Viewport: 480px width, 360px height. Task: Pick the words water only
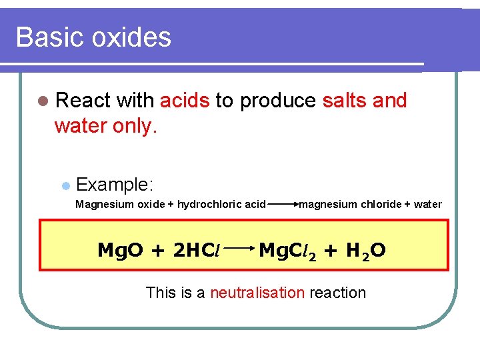click(106, 126)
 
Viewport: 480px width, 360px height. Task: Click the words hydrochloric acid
click(222, 204)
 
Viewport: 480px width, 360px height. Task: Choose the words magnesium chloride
click(350, 204)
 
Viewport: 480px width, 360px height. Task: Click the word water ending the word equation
click(427, 204)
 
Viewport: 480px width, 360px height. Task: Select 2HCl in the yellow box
click(197, 251)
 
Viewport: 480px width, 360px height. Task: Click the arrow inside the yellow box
click(241, 251)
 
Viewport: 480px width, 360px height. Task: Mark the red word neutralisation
click(257, 293)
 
